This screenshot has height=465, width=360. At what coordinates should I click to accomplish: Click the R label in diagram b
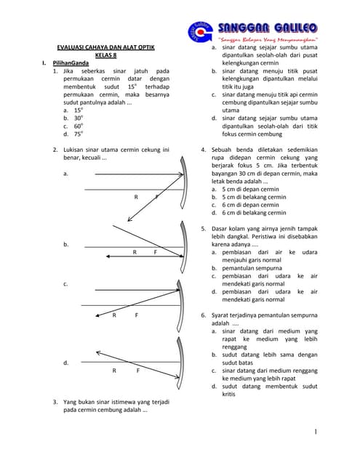click(x=135, y=252)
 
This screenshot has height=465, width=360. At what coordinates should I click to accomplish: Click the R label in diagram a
click(x=135, y=197)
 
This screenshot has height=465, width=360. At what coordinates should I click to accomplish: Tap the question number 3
click(x=55, y=402)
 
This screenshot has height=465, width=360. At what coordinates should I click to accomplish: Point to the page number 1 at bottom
click(x=316, y=433)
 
